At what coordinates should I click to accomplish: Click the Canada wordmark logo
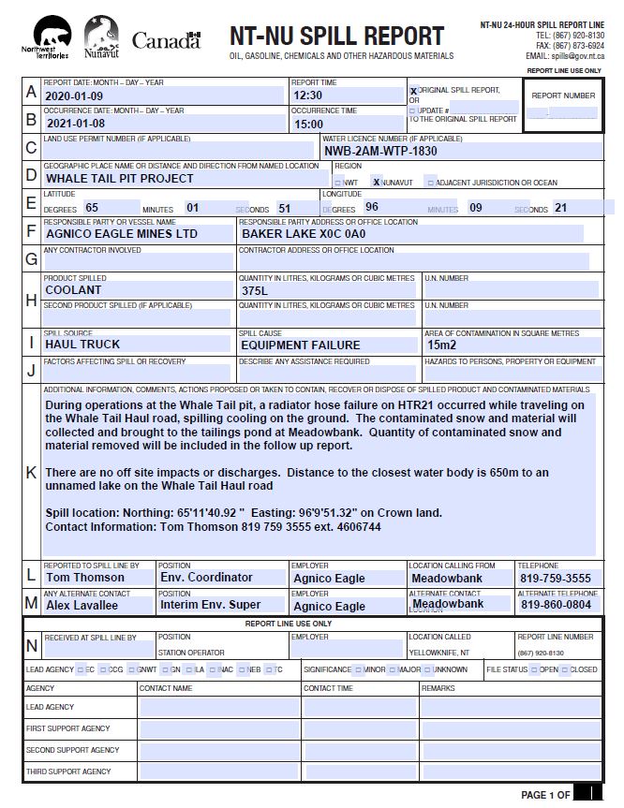pos(166,40)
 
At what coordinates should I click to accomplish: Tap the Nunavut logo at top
pos(101,39)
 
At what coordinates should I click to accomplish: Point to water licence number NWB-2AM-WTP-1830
pos(380,151)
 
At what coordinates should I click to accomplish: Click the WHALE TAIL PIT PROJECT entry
pos(119,178)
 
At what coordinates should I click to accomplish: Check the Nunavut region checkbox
pos(376,182)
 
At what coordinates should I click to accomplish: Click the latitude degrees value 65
pos(92,207)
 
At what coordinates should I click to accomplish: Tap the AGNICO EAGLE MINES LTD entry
pos(122,234)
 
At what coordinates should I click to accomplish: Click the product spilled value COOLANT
pos(73,290)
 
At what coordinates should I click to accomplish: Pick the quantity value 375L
pos(255,291)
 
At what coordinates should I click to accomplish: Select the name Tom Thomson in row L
pos(85,578)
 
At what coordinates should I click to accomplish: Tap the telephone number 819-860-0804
pos(557,606)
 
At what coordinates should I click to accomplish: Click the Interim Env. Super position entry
pos(210,606)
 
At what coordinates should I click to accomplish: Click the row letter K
pos(32,472)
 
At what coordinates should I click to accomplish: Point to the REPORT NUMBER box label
pos(563,95)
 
